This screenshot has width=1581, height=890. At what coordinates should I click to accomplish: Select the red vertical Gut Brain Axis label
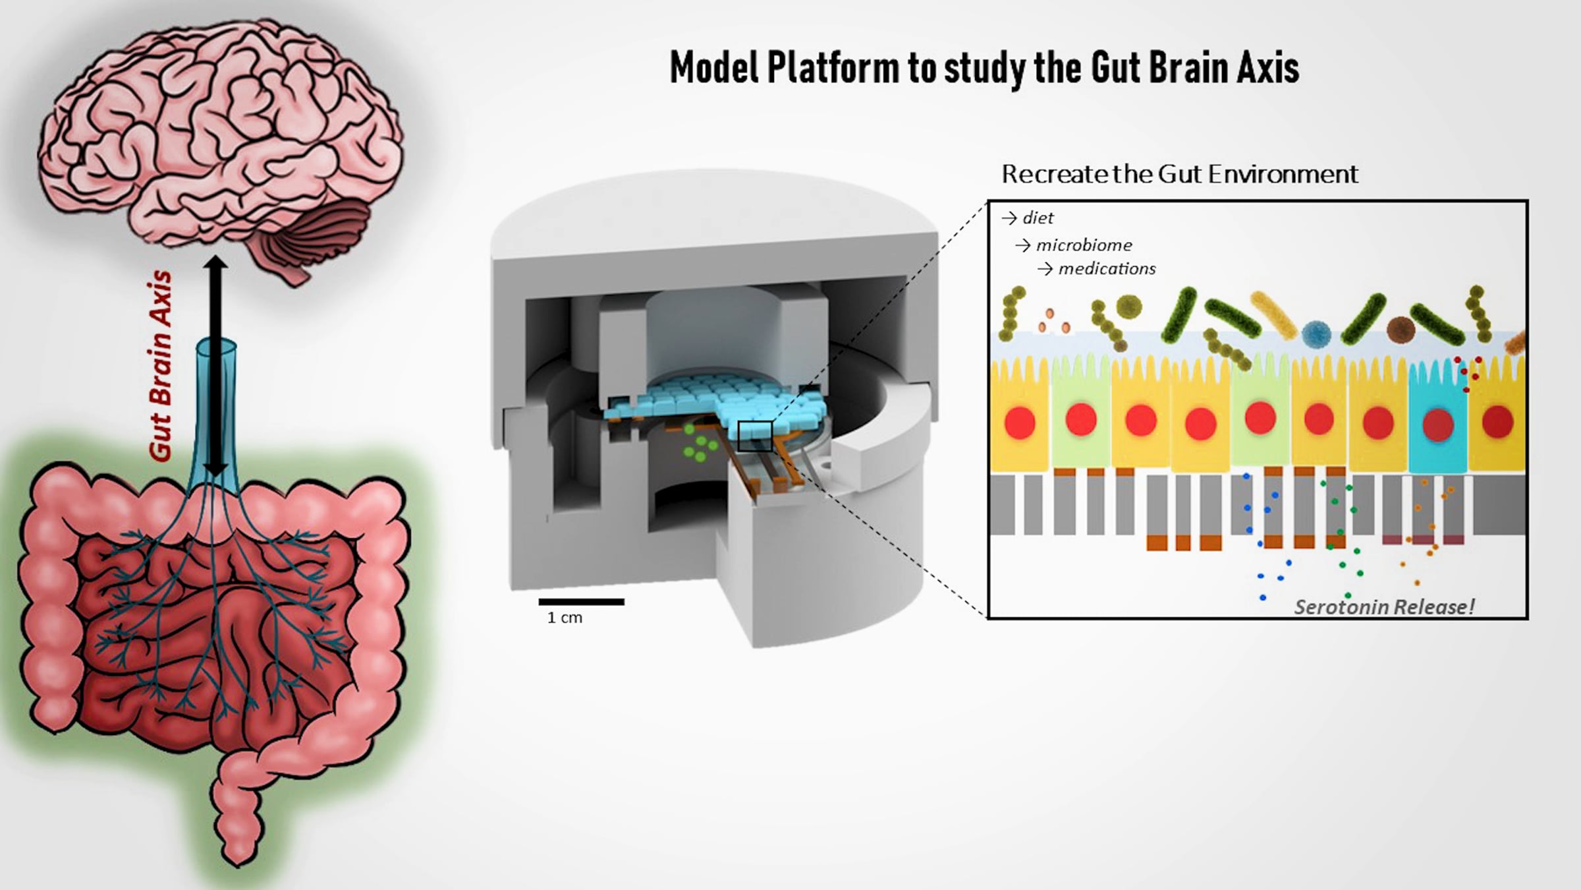point(160,366)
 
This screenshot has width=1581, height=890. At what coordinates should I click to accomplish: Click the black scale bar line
point(581,601)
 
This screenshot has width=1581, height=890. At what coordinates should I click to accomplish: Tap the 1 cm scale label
point(565,618)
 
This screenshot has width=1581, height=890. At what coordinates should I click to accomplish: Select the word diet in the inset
point(1038,218)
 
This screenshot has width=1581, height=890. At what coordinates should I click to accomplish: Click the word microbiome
point(1084,245)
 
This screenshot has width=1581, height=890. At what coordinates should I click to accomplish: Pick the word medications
point(1107,269)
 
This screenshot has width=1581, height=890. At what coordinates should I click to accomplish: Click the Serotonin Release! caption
point(1384,607)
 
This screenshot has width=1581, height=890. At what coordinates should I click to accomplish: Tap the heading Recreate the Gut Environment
point(1180,174)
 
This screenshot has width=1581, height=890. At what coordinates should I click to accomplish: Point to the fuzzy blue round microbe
point(1316,334)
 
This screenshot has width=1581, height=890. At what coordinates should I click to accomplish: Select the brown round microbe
point(1401,329)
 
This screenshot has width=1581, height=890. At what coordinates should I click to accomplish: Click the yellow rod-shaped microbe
point(1274,315)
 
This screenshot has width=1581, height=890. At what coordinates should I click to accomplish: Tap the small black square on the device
point(754,436)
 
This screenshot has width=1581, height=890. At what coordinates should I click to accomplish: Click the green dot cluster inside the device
point(699,443)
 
